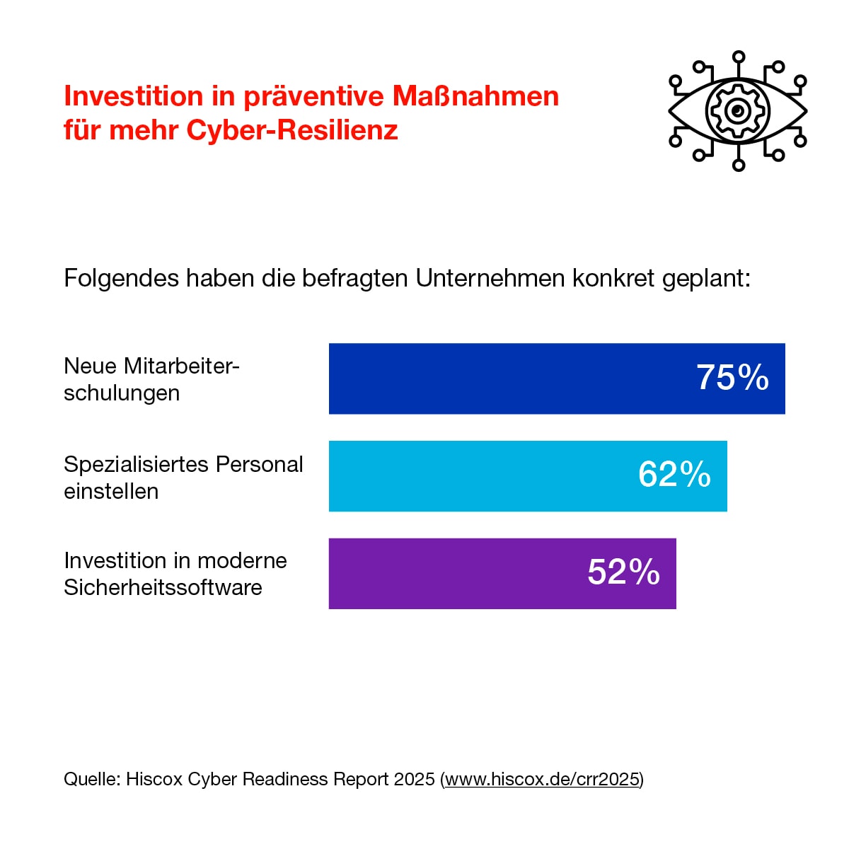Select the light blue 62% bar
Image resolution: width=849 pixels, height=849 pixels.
(481, 475)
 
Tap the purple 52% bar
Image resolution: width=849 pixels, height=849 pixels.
(453, 573)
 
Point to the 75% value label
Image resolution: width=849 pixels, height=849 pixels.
(732, 378)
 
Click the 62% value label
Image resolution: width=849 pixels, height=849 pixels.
(674, 475)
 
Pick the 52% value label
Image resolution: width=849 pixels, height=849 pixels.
(623, 572)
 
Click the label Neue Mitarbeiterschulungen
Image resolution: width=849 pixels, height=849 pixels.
(151, 379)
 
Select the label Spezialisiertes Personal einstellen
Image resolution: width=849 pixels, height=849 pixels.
(183, 478)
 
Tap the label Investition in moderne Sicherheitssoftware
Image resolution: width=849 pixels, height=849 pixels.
(175, 574)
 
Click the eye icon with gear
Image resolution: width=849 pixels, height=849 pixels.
(738, 111)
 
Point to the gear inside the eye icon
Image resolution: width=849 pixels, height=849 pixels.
(738, 111)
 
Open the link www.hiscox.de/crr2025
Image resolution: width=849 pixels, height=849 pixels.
(543, 780)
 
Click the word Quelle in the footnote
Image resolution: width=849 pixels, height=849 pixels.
(91, 780)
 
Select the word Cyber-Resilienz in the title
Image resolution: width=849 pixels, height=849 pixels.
(292, 130)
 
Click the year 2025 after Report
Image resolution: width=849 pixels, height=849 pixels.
(414, 780)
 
